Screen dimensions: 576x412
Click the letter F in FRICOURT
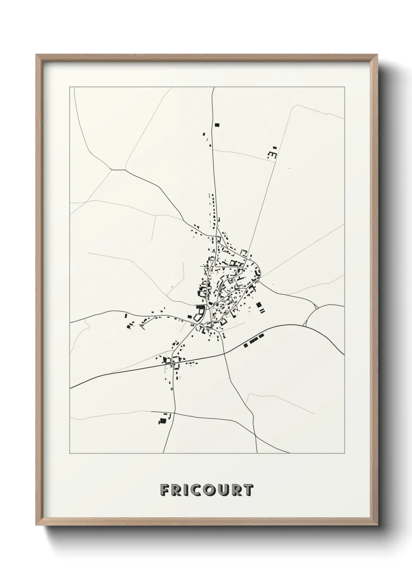click(164, 490)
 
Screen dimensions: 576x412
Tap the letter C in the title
click(193, 490)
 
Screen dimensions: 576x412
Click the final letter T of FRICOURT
click(248, 490)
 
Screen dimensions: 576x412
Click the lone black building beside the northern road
click(217, 125)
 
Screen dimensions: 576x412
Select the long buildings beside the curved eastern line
click(254, 341)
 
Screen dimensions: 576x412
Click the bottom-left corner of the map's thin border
click(70, 453)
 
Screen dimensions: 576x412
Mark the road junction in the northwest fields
click(112, 170)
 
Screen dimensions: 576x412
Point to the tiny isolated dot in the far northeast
click(289, 169)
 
